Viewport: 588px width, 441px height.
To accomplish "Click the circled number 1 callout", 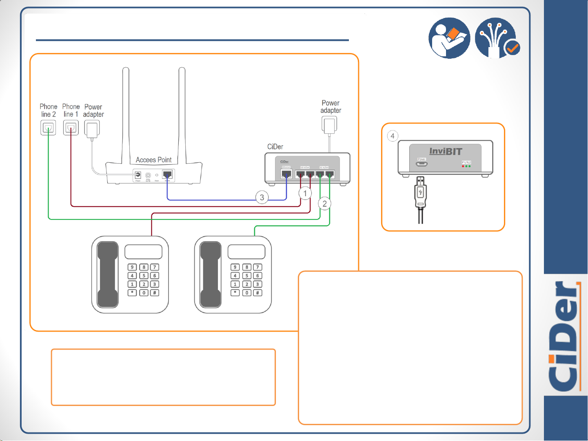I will pyautogui.click(x=305, y=193).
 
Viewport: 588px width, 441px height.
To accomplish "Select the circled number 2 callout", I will pyautogui.click(x=325, y=204).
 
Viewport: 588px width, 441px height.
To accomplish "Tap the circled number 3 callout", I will pyautogui.click(x=262, y=197).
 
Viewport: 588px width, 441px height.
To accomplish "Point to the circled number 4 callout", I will pyautogui.click(x=393, y=136).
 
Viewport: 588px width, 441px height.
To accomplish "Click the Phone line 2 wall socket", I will pyautogui.click(x=48, y=128).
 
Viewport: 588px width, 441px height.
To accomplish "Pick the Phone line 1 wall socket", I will pyautogui.click(x=71, y=128).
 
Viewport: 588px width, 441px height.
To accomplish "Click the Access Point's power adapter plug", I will pyautogui.click(x=92, y=129).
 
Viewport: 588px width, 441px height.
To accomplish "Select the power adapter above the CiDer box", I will pyautogui.click(x=329, y=125).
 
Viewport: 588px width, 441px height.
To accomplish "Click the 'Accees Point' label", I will pyautogui.click(x=153, y=160).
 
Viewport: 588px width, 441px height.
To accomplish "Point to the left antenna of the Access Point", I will pyautogui.click(x=126, y=114).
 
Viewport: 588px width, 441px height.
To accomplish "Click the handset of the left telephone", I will pyautogui.click(x=108, y=274).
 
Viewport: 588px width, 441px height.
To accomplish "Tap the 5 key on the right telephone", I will pyautogui.click(x=247, y=276).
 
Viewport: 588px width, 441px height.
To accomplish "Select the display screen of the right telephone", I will pyautogui.click(x=246, y=252).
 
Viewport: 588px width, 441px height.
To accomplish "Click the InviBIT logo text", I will pyautogui.click(x=446, y=151).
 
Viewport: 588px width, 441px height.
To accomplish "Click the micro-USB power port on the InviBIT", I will pyautogui.click(x=422, y=164).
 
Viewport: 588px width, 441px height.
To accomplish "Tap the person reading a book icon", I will pyautogui.click(x=449, y=38).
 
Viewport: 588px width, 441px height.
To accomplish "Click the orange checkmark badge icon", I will pyautogui.click(x=512, y=48).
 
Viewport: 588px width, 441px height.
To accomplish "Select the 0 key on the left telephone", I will pyautogui.click(x=144, y=293).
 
